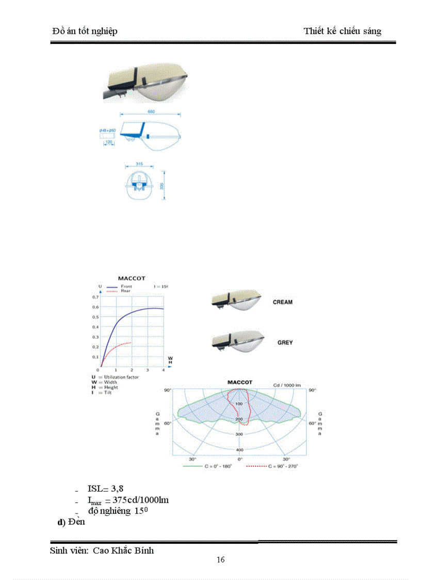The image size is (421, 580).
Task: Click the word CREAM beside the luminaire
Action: coord(282,302)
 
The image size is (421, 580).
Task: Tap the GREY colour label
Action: coord(285,342)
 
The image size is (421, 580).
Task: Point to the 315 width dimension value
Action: coord(139,164)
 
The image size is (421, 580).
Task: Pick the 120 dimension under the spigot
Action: coord(109,141)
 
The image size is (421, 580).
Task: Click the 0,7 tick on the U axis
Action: coord(95,297)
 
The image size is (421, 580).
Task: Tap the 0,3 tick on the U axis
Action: coord(95,337)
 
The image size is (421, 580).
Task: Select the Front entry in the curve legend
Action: coord(126,286)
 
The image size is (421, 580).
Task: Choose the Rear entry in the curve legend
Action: coord(125,291)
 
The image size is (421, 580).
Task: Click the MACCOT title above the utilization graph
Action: coord(132,278)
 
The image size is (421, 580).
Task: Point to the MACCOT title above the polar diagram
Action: coord(240,382)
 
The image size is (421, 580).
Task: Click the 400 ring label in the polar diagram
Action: coord(239,450)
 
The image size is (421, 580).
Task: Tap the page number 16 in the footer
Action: coord(221,560)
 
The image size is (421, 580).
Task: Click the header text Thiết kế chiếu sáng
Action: coord(343,32)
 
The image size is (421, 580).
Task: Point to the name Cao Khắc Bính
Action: coord(123,551)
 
